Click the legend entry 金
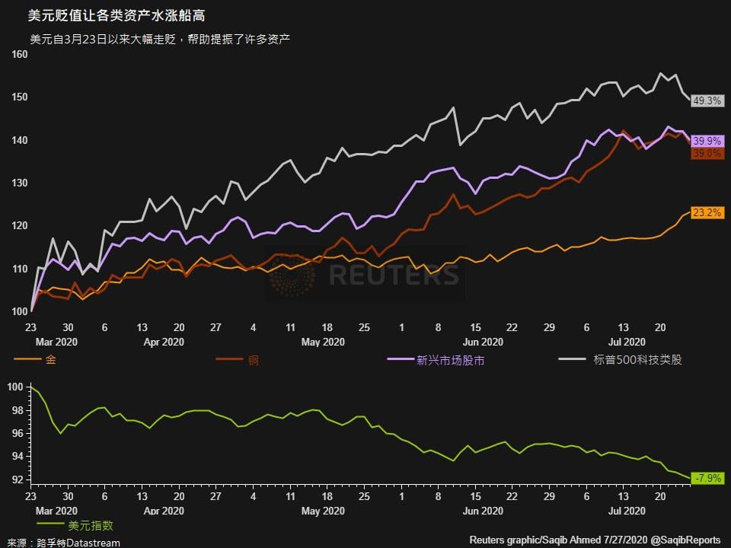click(51, 359)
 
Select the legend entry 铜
click(254, 359)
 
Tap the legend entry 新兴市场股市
click(450, 360)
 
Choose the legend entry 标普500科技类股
click(637, 359)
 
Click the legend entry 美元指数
click(91, 525)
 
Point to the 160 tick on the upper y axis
click(19, 55)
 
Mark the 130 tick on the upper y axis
click(19, 183)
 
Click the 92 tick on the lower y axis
click(16, 480)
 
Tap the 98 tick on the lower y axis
click(16, 410)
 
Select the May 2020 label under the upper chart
click(323, 342)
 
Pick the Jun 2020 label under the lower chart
click(483, 511)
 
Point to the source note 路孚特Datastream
click(72, 541)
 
